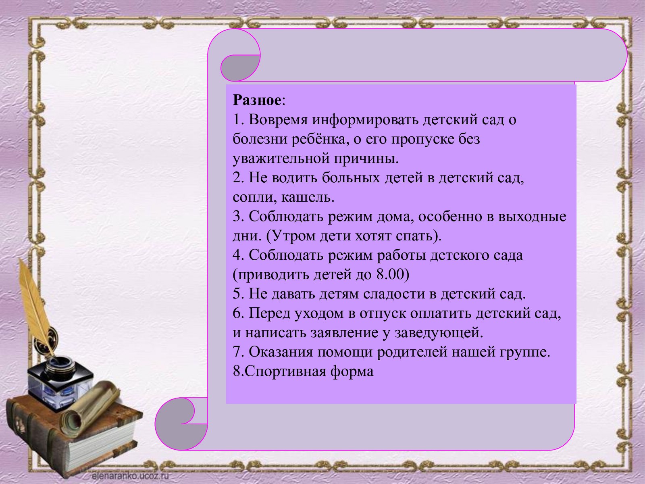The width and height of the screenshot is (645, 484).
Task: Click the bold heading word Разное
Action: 257,100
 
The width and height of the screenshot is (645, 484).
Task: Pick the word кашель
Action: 308,198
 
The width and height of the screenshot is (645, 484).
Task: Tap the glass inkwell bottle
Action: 60,382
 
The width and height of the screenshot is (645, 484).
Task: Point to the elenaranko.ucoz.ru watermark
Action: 130,476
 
